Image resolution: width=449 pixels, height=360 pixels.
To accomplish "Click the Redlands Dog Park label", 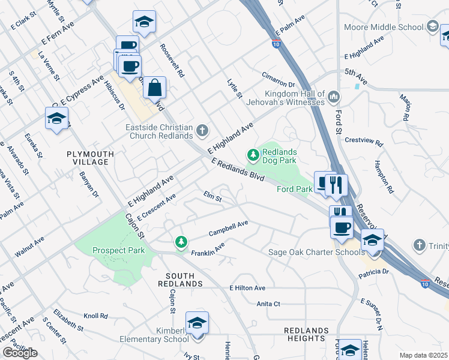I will point(280,157).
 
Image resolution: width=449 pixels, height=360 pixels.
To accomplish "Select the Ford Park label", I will point(295,189).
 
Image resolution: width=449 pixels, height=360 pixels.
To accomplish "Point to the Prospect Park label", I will point(118,250).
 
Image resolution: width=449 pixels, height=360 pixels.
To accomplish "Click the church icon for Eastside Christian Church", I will point(203,130).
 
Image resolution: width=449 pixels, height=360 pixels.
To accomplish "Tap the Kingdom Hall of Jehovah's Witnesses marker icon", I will point(334,97).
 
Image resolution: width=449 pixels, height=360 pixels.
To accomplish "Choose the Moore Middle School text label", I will point(384,27).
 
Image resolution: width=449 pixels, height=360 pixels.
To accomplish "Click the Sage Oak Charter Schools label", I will point(312,252).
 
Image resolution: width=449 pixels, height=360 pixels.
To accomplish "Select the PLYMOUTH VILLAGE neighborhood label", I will point(90,158).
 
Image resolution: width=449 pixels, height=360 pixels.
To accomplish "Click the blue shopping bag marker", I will point(154,88).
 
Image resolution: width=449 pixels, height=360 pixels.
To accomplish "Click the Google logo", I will point(20,353).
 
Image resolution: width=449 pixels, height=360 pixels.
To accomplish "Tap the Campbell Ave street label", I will point(228,228).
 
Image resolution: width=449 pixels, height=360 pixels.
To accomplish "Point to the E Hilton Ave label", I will point(247,288).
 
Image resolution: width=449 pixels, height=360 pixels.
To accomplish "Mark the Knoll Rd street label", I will point(95,316).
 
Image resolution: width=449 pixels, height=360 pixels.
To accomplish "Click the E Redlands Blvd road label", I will point(238,170).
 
